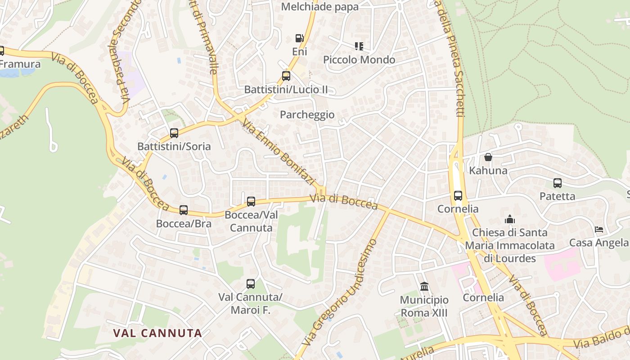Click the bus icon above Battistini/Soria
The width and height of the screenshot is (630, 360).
pyautogui.click(x=174, y=133)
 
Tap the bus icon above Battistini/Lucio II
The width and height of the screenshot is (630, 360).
pyautogui.click(x=286, y=76)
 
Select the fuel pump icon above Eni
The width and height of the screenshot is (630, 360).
pyautogui.click(x=299, y=38)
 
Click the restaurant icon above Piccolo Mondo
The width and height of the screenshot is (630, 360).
pyautogui.click(x=359, y=46)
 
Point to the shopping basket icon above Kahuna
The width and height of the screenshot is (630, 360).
pyautogui.click(x=488, y=157)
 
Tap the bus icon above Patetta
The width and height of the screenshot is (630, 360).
pyautogui.click(x=558, y=183)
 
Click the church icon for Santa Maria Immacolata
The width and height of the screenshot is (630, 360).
pyautogui.click(x=510, y=219)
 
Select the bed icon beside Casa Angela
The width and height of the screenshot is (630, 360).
pyautogui.click(x=599, y=229)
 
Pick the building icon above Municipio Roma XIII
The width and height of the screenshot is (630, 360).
pyautogui.click(x=424, y=286)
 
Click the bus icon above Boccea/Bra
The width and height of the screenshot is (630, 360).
pyautogui.click(x=184, y=210)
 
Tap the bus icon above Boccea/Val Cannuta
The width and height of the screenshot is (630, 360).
pyautogui.click(x=251, y=202)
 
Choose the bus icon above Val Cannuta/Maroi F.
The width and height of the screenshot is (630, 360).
pyautogui.click(x=251, y=284)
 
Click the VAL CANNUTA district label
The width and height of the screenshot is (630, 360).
pyautogui.click(x=157, y=333)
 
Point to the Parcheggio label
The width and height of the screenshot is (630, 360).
pyautogui.click(x=307, y=115)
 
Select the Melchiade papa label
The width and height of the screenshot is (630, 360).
pyautogui.click(x=320, y=7)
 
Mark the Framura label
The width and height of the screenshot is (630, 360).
pyautogui.click(x=20, y=64)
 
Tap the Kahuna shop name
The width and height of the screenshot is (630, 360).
pyautogui.click(x=488, y=171)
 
